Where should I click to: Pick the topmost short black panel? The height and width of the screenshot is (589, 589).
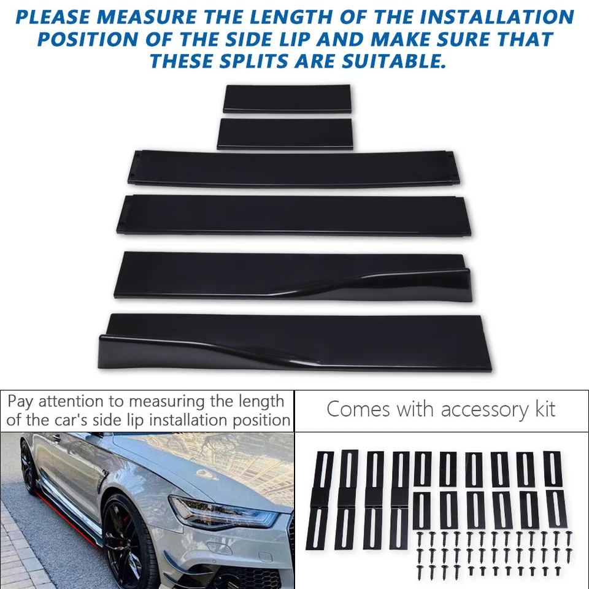point(287,98)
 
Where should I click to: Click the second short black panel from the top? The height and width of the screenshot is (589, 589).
point(285,134)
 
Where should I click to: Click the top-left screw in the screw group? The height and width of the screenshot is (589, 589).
point(422,536)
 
